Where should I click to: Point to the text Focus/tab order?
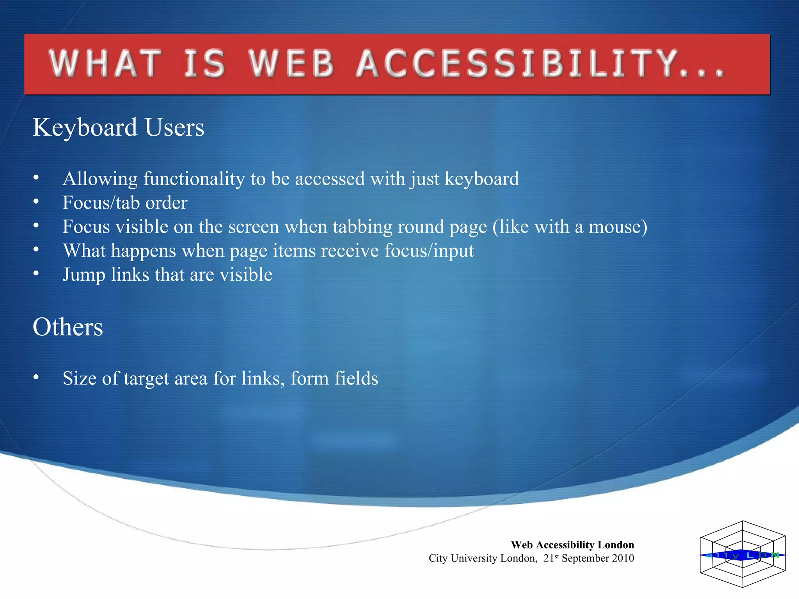(x=125, y=203)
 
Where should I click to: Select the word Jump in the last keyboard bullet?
(x=84, y=275)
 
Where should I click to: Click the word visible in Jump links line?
(x=246, y=275)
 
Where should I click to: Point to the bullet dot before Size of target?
(x=36, y=377)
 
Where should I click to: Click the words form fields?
(x=334, y=378)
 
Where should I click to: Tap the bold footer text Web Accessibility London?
(x=572, y=545)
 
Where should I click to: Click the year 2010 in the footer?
(x=623, y=558)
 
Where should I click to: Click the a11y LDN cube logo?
(x=742, y=554)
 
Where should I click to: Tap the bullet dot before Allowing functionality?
(x=36, y=177)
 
